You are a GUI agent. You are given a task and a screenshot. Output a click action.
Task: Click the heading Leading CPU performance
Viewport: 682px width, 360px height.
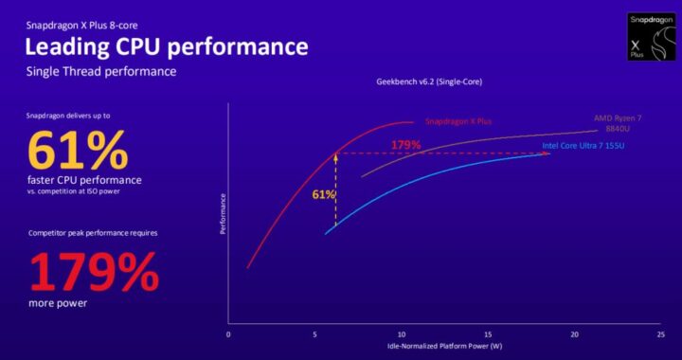pos(166,46)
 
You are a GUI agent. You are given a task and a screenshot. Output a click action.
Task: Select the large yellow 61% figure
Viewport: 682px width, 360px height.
pos(77,152)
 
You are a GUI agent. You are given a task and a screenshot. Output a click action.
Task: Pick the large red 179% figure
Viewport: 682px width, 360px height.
pos(92,273)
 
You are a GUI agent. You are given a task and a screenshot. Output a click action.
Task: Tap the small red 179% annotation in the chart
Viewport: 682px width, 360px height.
pos(406,145)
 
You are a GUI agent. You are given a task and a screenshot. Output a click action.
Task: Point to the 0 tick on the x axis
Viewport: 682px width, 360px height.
pos(228,334)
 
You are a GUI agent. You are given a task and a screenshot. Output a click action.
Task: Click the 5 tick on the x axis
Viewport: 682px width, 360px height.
pos(314,334)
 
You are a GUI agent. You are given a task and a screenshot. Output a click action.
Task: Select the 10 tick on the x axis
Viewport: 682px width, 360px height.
pos(401,334)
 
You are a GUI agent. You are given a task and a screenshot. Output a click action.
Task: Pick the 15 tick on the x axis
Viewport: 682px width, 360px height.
pos(487,334)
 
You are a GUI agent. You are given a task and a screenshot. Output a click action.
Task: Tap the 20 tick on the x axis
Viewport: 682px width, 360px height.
pos(573,334)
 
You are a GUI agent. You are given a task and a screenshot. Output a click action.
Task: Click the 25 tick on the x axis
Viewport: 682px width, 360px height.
pos(660,334)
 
